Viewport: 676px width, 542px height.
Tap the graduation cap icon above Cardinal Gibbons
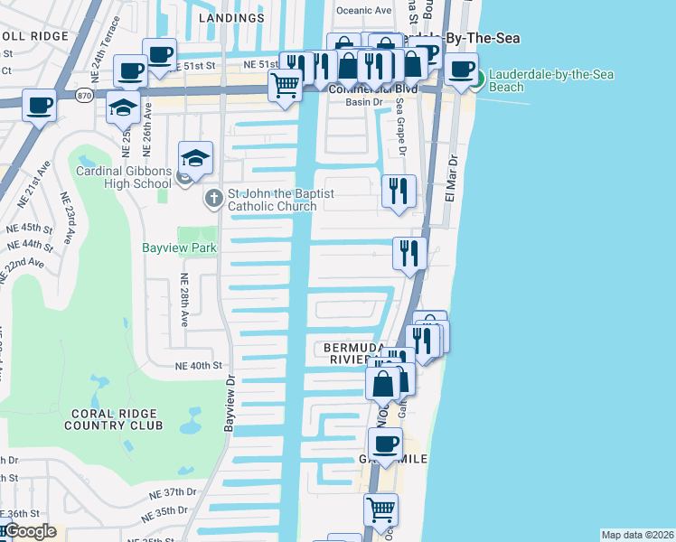(195, 158)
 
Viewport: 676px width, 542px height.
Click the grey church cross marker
(214, 196)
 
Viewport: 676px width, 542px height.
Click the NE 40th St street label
(198, 366)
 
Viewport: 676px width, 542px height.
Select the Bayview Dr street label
(230, 403)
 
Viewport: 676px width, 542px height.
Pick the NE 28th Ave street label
(184, 299)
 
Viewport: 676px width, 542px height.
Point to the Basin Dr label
(364, 103)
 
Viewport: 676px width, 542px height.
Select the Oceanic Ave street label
(363, 10)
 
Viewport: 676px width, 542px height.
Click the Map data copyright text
(636, 535)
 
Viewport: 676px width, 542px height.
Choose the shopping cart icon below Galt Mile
(380, 509)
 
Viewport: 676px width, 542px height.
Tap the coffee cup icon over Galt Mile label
(386, 444)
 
